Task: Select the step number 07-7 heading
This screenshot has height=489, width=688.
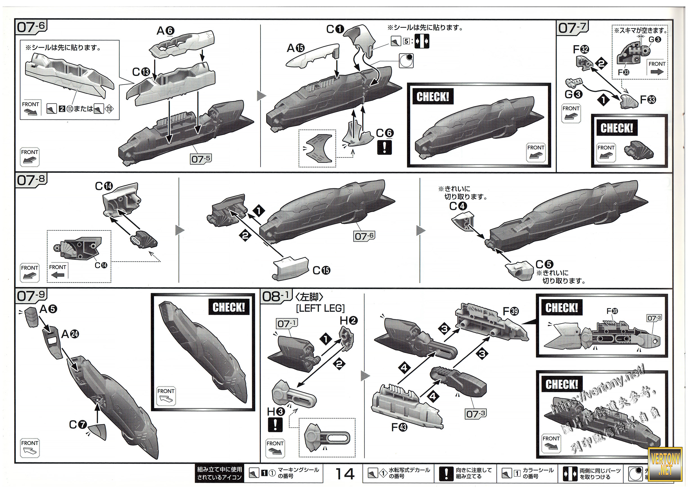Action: [x=572, y=28]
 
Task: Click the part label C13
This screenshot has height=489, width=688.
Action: [x=141, y=72]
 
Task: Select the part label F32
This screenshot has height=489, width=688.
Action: [x=581, y=49]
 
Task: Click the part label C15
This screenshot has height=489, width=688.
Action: [x=321, y=270]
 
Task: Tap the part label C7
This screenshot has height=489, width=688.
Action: [x=78, y=425]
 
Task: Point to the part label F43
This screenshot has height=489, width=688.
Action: [x=399, y=427]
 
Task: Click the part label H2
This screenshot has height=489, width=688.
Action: [x=349, y=321]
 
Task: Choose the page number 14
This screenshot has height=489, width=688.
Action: [x=345, y=474]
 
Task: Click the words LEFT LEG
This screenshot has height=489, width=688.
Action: [x=320, y=308]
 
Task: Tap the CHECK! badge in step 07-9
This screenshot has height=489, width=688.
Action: [x=229, y=307]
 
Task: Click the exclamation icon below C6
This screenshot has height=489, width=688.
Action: [x=384, y=148]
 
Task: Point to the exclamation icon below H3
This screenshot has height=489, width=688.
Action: [x=275, y=425]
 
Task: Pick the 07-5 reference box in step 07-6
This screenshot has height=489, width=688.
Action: [x=201, y=159]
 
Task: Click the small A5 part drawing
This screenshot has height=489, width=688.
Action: [x=31, y=317]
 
